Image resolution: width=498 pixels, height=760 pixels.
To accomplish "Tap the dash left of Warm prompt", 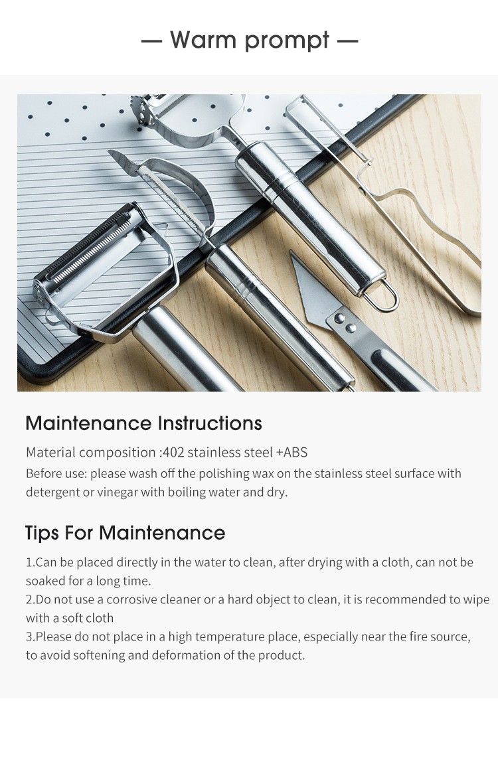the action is [x=151, y=41].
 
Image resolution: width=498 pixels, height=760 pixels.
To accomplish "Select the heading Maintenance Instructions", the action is [x=143, y=423].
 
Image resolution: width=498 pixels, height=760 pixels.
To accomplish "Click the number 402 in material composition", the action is [x=173, y=452].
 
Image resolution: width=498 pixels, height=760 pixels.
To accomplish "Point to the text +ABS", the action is [x=291, y=452].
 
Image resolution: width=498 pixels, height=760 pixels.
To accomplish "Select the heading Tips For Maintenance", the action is [x=125, y=533].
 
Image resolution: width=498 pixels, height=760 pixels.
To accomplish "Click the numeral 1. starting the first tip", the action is [x=30, y=562].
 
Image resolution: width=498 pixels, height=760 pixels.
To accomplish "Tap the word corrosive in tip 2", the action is [x=131, y=599].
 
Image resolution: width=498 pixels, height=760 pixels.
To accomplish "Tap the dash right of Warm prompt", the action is [x=348, y=41].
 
